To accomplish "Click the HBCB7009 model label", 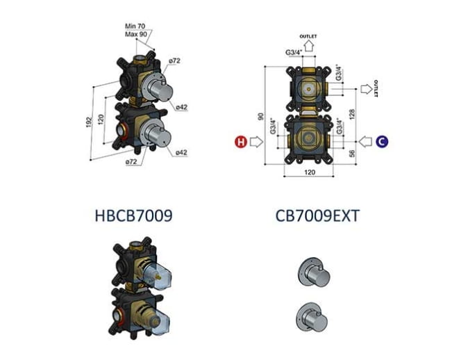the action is click(x=134, y=215).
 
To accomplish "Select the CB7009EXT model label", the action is click(x=317, y=216).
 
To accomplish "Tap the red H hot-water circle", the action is click(x=241, y=142).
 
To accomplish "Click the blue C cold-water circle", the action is click(x=382, y=142).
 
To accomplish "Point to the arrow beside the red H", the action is click(x=257, y=142).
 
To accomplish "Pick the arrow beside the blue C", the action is click(x=365, y=142).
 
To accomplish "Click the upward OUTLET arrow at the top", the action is click(x=308, y=47).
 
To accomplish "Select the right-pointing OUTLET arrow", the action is click(x=367, y=89).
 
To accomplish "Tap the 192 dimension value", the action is click(x=89, y=122).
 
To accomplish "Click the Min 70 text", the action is click(x=135, y=26).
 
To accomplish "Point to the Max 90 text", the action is click(x=136, y=34).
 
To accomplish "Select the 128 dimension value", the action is click(x=352, y=114).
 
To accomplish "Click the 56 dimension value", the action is click(x=352, y=153).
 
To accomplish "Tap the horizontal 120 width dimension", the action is click(x=310, y=172).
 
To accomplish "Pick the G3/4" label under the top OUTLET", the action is click(x=294, y=53).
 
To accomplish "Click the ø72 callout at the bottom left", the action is click(x=131, y=161).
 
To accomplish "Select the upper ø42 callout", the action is click(x=181, y=107).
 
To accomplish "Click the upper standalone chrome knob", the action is click(x=313, y=272).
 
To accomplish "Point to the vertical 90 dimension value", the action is click(x=260, y=117).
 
